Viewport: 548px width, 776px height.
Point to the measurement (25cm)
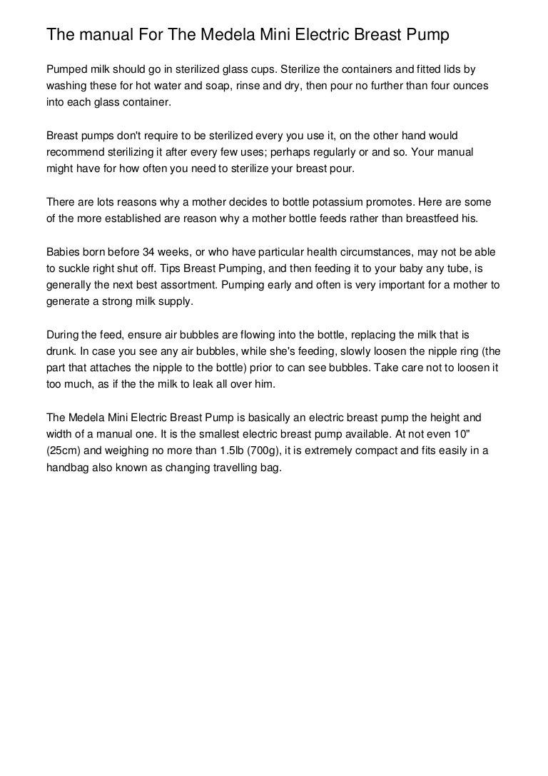tap(65, 451)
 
